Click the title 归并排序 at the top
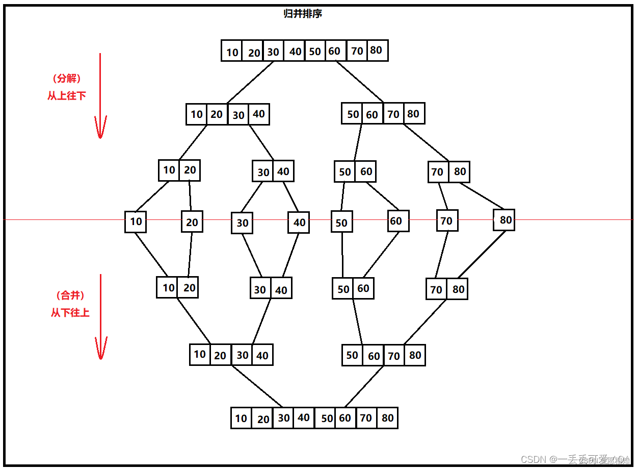tap(303, 14)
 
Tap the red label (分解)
tap(67, 79)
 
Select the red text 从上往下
tap(67, 95)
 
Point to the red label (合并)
tap(70, 295)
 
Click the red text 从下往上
tap(70, 312)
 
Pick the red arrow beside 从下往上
tap(101, 316)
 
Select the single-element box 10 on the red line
tap(136, 221)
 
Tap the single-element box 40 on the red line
tap(299, 223)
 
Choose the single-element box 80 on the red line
tap(504, 220)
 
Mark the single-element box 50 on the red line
tap(341, 223)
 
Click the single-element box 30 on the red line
tap(242, 223)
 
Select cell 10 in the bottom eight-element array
tap(241, 418)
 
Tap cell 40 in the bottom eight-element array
tap(304, 418)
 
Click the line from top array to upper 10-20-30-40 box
tap(250, 82)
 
